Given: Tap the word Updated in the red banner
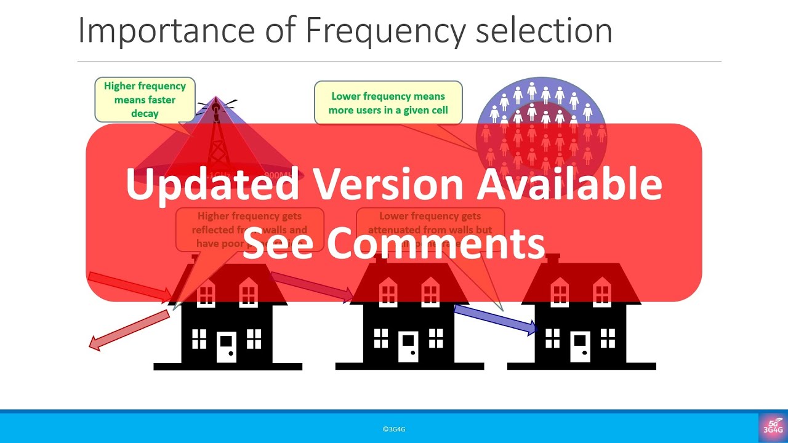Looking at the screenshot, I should point(212,184).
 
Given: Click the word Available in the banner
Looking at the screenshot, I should point(570,184).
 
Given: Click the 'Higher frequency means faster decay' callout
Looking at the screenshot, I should point(145,99).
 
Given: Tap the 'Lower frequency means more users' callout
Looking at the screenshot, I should point(388,103).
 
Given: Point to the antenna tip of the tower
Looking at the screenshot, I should point(216,101).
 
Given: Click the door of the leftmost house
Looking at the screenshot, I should point(226,346).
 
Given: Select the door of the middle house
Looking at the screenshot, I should point(408,346).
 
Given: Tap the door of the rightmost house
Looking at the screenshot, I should point(579,346).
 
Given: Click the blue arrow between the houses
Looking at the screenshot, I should point(496,319).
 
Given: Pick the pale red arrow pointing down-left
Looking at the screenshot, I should point(129,330).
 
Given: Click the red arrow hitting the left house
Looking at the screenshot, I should point(130,286).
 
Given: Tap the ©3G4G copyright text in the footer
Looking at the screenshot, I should point(394,429).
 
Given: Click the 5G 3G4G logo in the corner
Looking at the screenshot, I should point(773,427).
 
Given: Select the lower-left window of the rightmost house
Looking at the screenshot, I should point(552,338).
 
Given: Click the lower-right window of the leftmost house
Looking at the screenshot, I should point(254,338).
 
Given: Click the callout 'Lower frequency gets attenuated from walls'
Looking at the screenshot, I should point(430,228).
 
